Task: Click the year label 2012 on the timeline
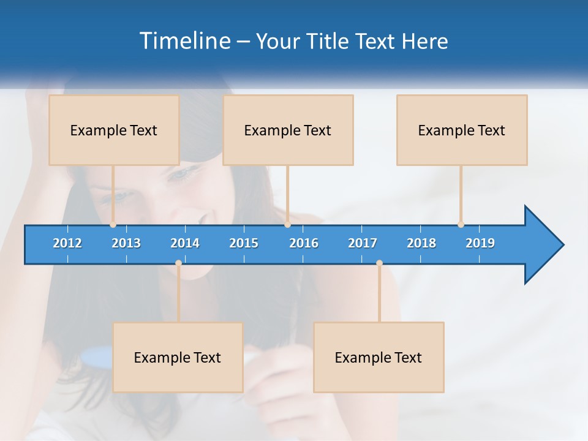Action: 67,243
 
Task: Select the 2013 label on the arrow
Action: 126,243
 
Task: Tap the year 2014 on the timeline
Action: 185,243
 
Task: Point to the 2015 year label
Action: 244,243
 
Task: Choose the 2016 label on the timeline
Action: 304,243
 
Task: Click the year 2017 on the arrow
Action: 363,243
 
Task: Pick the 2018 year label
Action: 421,243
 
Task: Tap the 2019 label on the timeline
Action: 480,243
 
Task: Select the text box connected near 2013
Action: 114,130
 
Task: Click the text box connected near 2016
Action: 288,130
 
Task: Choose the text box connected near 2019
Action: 462,130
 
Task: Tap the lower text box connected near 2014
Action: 178,357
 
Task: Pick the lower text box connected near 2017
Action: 379,357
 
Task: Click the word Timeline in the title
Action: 184,41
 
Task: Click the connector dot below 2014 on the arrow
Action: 178,263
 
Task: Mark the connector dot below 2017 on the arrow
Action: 379,263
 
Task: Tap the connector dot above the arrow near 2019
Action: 461,224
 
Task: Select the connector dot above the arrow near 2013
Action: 113,224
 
